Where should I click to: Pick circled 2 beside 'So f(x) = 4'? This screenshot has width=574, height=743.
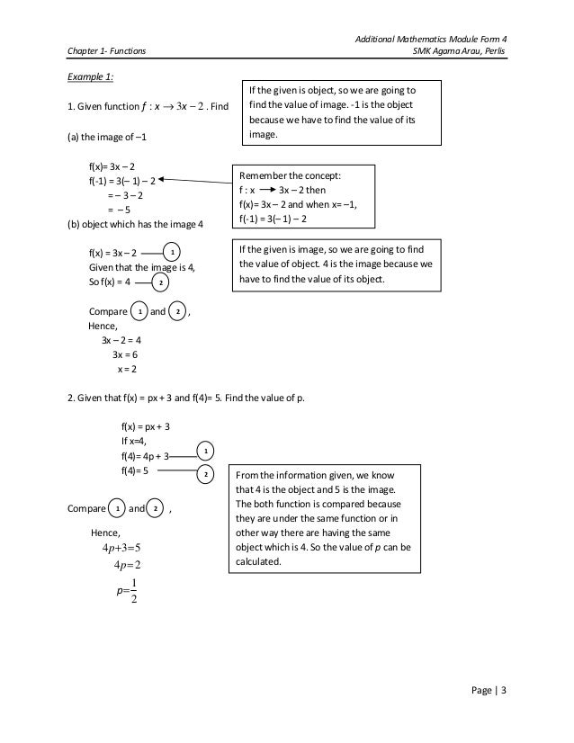click(x=159, y=283)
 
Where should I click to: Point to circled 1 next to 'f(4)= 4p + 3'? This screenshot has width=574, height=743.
click(x=205, y=449)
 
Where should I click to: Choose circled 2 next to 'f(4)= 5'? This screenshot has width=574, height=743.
click(x=205, y=473)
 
